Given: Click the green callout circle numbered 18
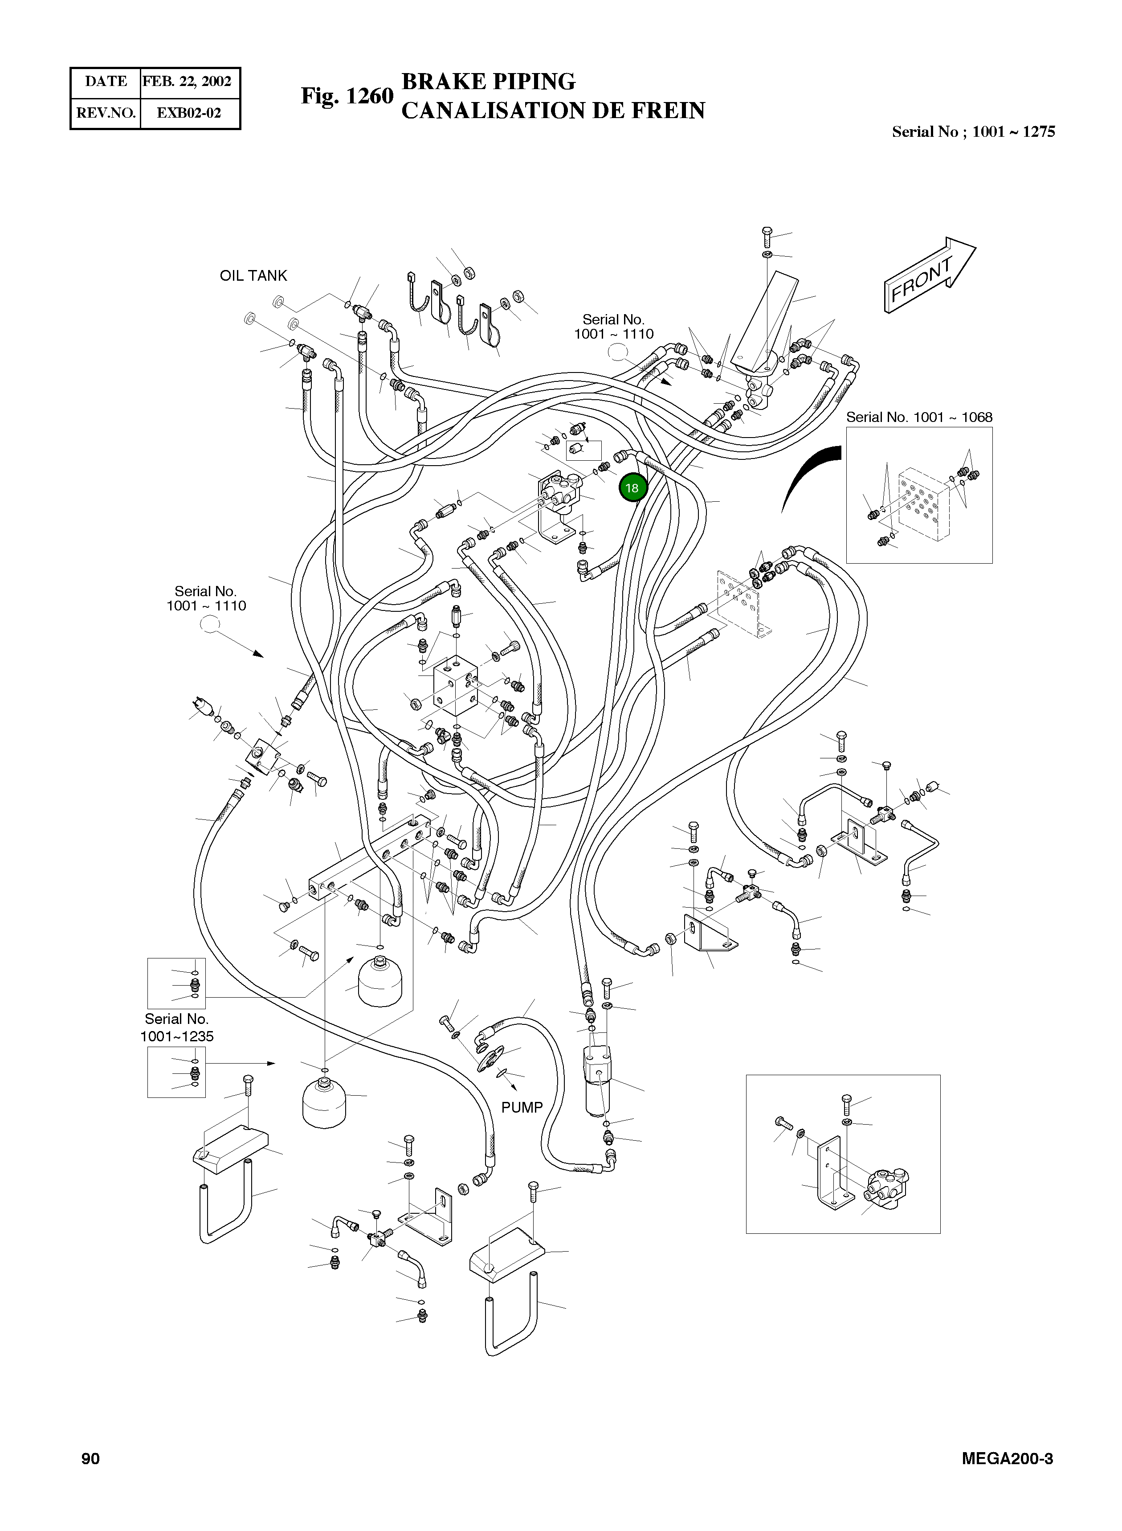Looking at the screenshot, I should click(x=632, y=488).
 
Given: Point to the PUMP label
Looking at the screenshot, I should click(x=522, y=1107).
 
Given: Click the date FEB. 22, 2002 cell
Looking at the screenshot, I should click(x=188, y=82).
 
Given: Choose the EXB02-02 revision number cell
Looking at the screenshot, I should click(x=189, y=113).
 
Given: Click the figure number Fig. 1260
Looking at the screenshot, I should click(x=347, y=96).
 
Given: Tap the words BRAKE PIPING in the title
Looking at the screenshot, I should click(x=488, y=82).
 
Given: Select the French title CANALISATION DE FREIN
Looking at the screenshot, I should click(x=553, y=111).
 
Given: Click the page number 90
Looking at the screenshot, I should click(x=90, y=1458).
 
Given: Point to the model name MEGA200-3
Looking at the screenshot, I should click(x=1007, y=1458).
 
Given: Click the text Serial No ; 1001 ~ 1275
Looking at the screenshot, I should click(x=973, y=132).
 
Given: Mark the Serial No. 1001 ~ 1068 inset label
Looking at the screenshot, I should click(x=918, y=417).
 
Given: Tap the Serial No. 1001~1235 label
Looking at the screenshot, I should click(x=176, y=1027).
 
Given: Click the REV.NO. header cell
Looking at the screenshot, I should click(x=106, y=113).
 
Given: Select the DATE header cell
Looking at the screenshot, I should click(x=106, y=82).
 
